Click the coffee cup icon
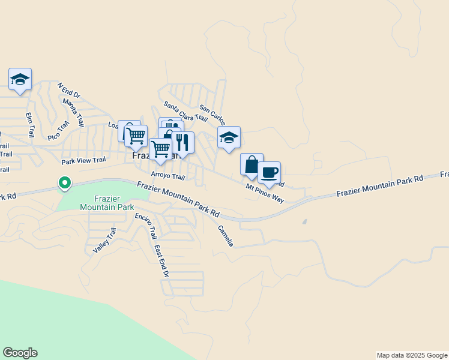[269, 173]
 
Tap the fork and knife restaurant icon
[183, 143]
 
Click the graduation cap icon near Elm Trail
[20, 79]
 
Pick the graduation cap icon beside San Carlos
[229, 137]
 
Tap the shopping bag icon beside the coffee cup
[252, 164]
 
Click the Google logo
[20, 353]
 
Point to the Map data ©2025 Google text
[411, 355]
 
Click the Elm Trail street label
[29, 125]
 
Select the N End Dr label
[68, 91]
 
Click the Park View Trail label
[83, 161]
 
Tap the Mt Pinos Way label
[265, 193]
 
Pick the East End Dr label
[161, 260]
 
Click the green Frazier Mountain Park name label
[106, 202]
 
